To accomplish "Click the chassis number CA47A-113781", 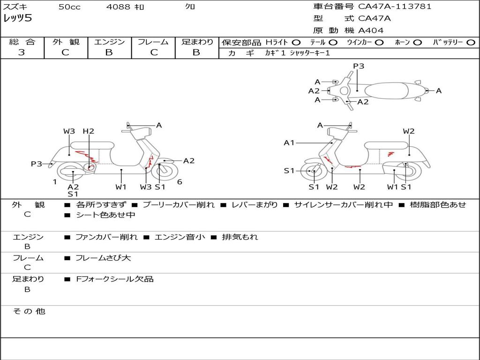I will (x=395, y=7).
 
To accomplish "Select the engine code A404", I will (x=371, y=30).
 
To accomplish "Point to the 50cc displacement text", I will (x=69, y=7).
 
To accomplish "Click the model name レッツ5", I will (x=17, y=19).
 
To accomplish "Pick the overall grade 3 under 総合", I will (x=22, y=52).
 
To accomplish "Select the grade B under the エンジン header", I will (x=109, y=52).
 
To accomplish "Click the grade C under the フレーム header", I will (x=154, y=52).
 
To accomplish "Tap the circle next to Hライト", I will (x=296, y=42).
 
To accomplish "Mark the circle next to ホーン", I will (x=418, y=42).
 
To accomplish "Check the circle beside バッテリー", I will (x=470, y=42).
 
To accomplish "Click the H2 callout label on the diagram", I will (x=89, y=131).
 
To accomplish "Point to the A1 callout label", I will (x=289, y=142).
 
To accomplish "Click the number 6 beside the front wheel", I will (x=180, y=182).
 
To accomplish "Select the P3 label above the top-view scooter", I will (x=359, y=66).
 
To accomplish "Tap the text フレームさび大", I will (x=103, y=258).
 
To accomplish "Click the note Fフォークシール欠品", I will (x=115, y=279).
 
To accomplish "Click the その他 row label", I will (x=29, y=311).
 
